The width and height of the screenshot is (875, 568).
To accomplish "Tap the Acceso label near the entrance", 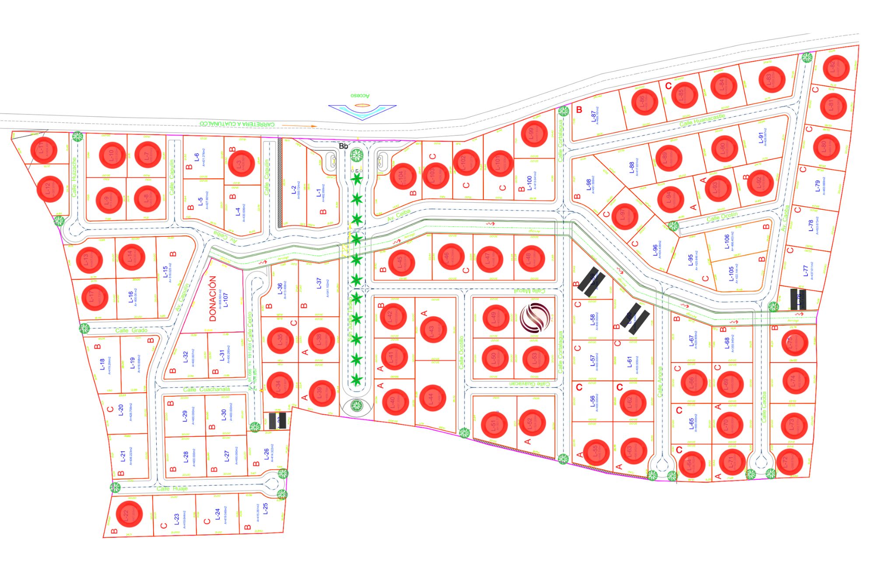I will point(360,95).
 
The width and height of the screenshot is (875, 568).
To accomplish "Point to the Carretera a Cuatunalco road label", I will point(237,124).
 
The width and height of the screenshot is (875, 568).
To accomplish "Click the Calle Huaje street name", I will point(172,488).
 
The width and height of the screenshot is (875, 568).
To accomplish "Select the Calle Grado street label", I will point(131,330).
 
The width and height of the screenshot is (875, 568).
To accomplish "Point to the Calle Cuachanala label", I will point(206,389).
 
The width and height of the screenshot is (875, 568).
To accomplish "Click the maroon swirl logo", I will point(535,318).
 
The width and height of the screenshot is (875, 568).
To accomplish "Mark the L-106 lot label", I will point(727,242).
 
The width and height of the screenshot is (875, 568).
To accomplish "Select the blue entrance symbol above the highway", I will point(362,111).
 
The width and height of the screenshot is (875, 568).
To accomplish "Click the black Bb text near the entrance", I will point(343,146).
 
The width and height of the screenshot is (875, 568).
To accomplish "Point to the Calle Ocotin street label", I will point(722,216).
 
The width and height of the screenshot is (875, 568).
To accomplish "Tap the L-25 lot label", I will point(265,509).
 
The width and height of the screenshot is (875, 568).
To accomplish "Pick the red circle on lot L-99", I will point(534,133).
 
